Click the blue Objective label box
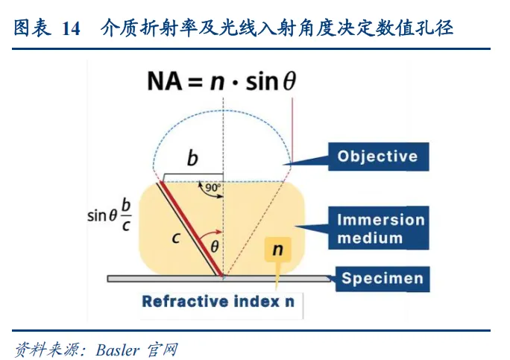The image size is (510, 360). coord(377,157)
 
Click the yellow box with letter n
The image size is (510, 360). coord(277,250)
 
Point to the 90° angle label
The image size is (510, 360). coord(212,188)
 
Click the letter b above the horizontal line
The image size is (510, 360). coord(192,159)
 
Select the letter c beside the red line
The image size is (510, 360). coord(175,239)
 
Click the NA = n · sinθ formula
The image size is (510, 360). coord(221,81)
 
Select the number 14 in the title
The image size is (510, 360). coord(71,29)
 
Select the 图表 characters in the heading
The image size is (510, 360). coord(31,29)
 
